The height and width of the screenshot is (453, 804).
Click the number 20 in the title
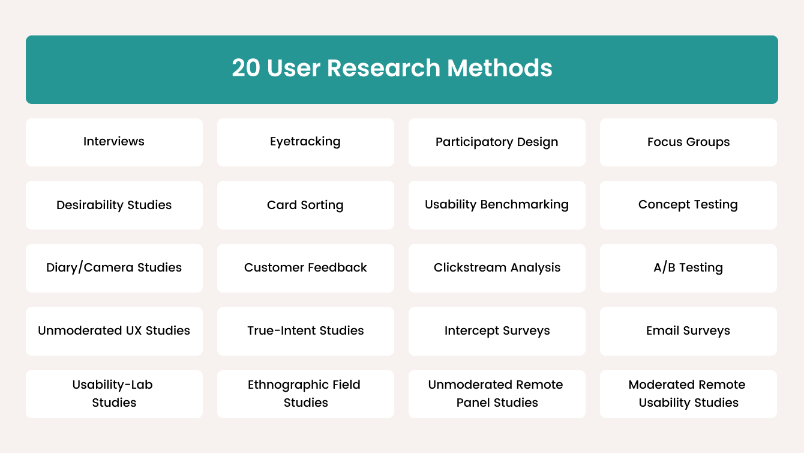tap(246, 68)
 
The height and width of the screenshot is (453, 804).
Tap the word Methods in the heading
tap(500, 68)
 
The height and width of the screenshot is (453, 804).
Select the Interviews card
tap(114, 142)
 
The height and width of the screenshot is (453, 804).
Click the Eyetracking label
tap(305, 142)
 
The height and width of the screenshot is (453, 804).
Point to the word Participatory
tap(474, 142)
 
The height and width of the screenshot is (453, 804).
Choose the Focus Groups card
tap(688, 142)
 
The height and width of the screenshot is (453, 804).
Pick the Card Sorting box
tap(305, 205)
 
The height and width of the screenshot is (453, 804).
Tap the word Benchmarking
tap(524, 204)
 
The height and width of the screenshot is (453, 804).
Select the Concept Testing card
tap(688, 205)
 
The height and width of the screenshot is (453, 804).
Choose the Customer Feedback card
tap(305, 268)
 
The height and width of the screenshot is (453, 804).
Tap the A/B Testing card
tap(688, 268)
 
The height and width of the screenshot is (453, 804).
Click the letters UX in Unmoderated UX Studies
tap(134, 330)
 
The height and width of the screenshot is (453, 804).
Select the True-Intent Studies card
tap(305, 332)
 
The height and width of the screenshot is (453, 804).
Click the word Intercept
tap(469, 331)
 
